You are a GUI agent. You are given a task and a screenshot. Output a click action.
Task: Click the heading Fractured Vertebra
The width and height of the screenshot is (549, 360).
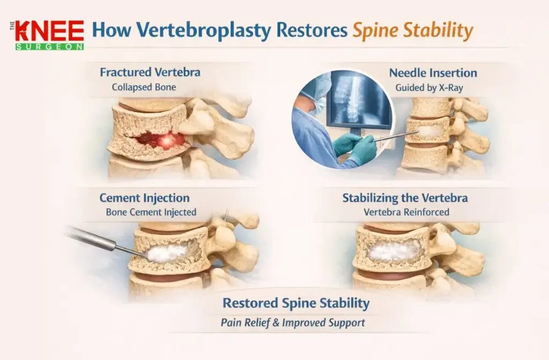click(x=150, y=72)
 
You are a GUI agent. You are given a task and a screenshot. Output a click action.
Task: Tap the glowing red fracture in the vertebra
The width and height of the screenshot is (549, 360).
click(x=160, y=141)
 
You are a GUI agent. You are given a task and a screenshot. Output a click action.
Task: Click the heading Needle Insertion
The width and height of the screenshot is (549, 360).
click(x=433, y=72)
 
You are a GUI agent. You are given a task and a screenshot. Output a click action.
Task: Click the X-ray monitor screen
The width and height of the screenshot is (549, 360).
click(x=358, y=102)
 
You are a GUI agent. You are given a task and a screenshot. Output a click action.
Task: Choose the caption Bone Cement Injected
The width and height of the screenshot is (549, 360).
click(x=151, y=212)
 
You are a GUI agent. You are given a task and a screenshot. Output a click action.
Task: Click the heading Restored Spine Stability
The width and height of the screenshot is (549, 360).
click(x=296, y=304)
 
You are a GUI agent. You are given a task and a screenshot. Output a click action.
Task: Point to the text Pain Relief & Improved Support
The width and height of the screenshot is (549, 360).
click(x=293, y=323)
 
